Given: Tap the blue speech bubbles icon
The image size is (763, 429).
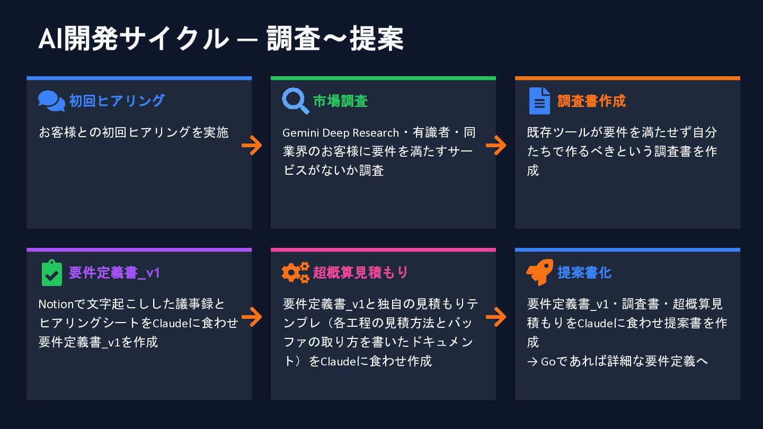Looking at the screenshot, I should coord(51,101).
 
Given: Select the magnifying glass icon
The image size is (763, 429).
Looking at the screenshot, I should coord(295,101).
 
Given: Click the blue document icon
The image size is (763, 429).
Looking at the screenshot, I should coord(539,101).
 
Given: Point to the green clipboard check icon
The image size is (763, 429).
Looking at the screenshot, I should coord(51,272).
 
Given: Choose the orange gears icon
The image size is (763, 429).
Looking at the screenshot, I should coord(295,272).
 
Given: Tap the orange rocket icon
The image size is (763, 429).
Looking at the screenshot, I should coord(539,272).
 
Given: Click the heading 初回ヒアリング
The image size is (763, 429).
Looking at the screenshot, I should coord(117,101).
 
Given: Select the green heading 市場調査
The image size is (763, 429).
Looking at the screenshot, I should coord(340,101).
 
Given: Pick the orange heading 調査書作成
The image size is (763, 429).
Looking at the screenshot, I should coord(591,101).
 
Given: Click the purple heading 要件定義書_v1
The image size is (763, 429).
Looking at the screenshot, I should coord(114,272).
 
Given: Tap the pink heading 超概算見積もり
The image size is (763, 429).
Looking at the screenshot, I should coord(361,272).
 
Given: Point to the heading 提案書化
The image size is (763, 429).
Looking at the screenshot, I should coord(584,272).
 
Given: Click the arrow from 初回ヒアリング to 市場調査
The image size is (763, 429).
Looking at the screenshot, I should coord(252,145).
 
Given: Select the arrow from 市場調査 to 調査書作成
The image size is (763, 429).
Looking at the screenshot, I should coord(496,145).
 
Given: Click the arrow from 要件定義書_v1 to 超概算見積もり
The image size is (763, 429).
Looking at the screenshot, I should coord(252,317).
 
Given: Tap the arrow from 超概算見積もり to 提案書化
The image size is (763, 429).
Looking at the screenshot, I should coord(496,317).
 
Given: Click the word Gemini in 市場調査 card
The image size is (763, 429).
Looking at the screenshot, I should coord(300,132).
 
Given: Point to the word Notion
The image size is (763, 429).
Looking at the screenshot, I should coord(54,304).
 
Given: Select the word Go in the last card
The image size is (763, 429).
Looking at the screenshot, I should coord(547,361).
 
